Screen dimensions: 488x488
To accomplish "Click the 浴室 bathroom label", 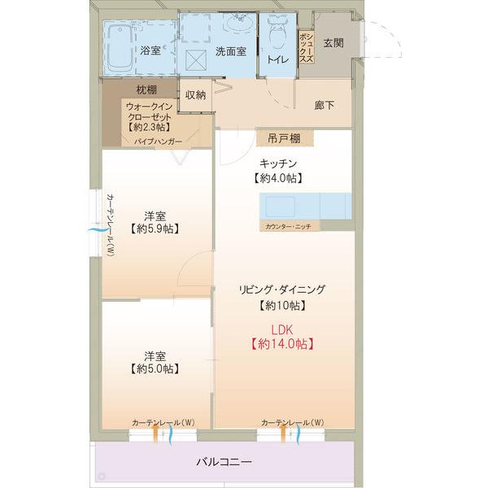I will point(150,50).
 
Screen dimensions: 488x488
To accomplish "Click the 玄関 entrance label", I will point(333,43).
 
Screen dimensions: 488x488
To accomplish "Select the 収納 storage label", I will point(195,95).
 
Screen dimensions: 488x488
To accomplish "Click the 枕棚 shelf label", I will point(146,89).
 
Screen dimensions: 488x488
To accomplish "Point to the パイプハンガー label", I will point(158,142).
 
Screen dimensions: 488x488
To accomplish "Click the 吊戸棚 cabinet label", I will point(279,139).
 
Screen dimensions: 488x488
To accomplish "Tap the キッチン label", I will point(278,163).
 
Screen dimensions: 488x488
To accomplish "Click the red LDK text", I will point(281,329).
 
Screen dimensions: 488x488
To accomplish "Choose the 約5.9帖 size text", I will point(155,230).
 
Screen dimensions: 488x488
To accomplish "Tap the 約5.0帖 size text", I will point(155,369).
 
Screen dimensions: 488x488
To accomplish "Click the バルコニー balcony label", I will point(224,462).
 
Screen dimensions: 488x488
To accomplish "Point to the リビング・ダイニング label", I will point(282,290).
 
